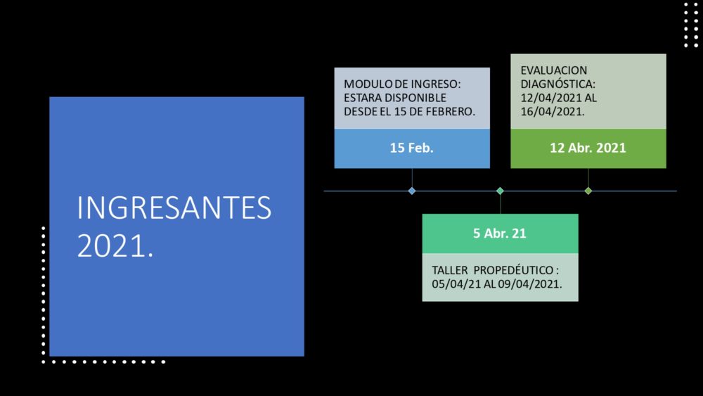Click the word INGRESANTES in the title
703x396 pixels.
(x=174, y=207)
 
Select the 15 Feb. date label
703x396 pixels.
(x=411, y=148)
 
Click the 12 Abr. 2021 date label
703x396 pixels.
(x=588, y=148)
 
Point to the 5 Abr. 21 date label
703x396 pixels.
(x=499, y=234)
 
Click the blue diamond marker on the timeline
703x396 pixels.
(x=412, y=191)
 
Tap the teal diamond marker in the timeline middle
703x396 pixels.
(x=501, y=191)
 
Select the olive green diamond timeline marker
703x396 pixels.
(x=588, y=191)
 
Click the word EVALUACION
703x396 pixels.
(x=554, y=70)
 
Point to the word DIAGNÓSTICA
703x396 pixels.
(x=557, y=84)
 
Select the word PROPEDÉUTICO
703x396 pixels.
(x=514, y=270)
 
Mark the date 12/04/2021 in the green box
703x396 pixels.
(x=553, y=98)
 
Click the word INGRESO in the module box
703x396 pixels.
(x=434, y=84)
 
